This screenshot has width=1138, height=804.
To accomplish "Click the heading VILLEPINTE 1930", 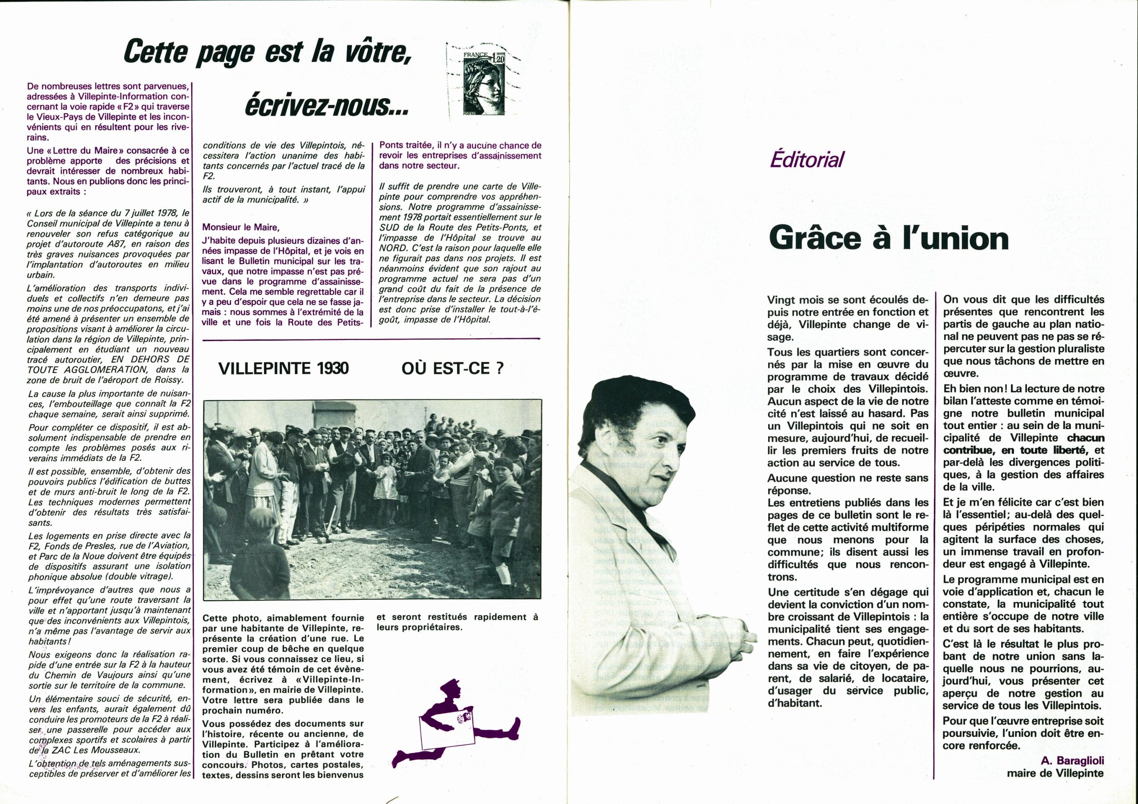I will point(284,369).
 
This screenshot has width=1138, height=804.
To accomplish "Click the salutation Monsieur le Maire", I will point(241,227).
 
